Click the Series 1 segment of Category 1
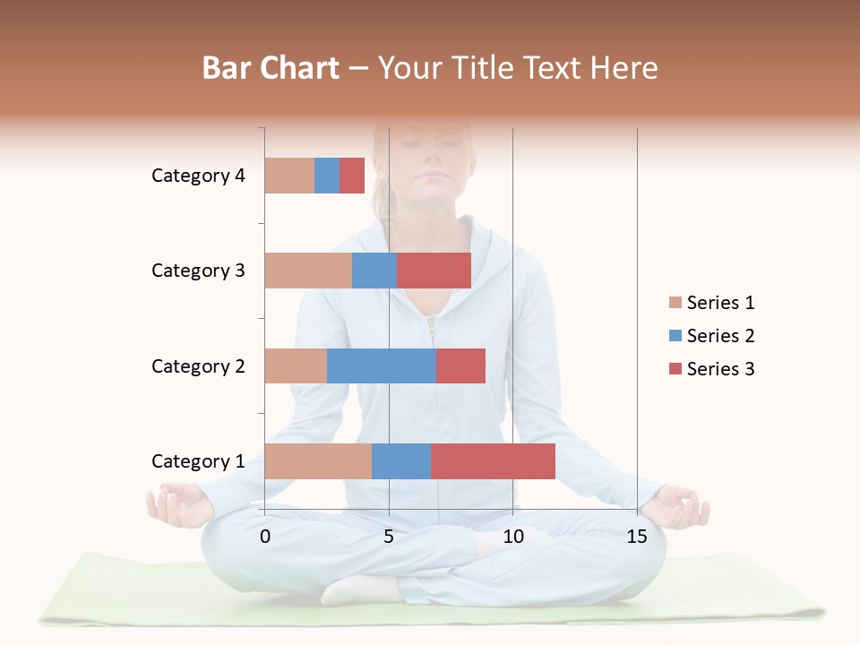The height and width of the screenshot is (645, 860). click(318, 461)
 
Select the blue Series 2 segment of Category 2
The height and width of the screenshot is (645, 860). click(381, 365)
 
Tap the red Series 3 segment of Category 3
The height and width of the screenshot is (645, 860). click(434, 271)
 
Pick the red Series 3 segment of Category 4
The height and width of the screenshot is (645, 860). click(352, 176)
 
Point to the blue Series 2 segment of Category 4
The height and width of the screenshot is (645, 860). click(327, 176)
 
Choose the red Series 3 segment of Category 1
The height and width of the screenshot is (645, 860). click(493, 461)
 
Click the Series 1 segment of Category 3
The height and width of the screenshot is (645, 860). click(308, 271)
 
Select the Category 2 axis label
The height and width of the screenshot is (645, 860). click(198, 365)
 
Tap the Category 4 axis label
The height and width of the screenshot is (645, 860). click(198, 176)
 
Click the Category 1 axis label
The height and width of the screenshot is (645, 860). click(198, 461)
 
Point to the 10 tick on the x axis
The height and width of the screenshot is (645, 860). click(512, 537)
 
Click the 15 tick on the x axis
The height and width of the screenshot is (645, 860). click(637, 537)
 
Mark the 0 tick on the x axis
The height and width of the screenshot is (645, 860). click(265, 537)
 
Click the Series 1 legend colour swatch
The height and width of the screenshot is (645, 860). click(675, 303)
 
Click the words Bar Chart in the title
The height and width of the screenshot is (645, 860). click(271, 68)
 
